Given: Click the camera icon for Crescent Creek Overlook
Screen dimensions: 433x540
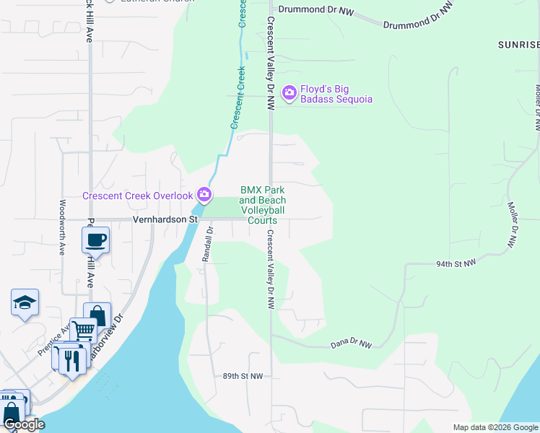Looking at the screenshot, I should click(x=204, y=195).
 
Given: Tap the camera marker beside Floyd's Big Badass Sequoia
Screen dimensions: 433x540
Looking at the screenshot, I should click(x=289, y=92).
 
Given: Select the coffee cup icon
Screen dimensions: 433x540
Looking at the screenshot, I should click(x=96, y=240).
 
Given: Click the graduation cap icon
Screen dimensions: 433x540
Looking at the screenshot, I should click(x=25, y=302).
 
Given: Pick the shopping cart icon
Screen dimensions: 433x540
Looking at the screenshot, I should click(x=83, y=331).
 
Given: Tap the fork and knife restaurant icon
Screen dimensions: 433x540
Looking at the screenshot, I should click(x=71, y=359).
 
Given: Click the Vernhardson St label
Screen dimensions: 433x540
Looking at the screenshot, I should click(x=165, y=219).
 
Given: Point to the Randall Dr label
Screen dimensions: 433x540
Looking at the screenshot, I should click(x=209, y=243).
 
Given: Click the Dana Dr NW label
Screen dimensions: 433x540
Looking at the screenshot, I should click(x=351, y=345).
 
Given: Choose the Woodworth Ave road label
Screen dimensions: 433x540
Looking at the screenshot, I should click(x=63, y=228).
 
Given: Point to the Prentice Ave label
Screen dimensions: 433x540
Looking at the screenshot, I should click(x=55, y=338).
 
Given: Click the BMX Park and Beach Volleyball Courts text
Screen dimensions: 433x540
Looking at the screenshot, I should click(x=263, y=205).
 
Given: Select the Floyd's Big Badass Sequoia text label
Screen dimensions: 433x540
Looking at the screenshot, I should click(x=336, y=94).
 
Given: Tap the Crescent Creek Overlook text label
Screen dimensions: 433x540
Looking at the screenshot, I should click(x=137, y=196).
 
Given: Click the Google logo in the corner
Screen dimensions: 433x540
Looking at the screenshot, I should click(x=24, y=424).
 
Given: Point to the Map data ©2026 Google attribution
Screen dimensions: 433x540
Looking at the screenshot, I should click(x=495, y=427).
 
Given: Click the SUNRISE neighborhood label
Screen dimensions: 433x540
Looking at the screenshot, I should click(x=518, y=45).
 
